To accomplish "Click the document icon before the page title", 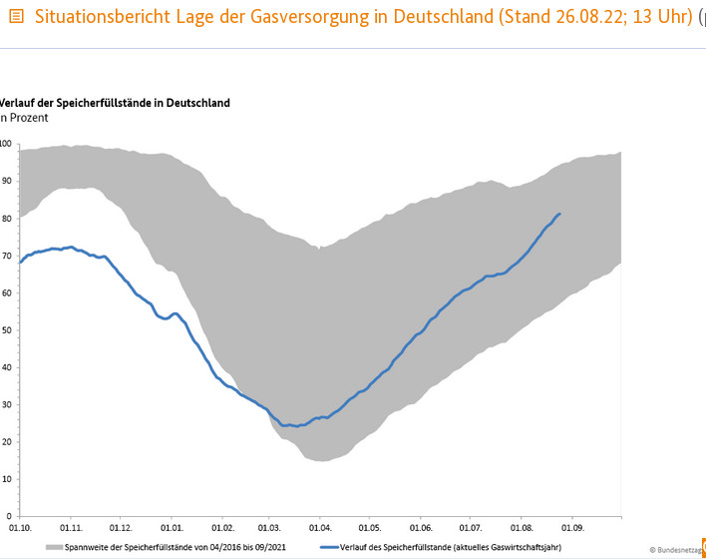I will (15, 17).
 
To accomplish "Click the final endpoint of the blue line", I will (560, 214).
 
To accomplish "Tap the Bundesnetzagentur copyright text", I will (678, 549).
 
